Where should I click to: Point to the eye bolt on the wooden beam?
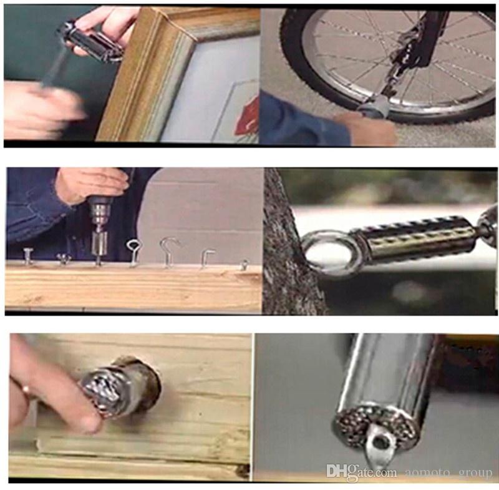coord(133,252)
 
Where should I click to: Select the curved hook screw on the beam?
coord(168,252)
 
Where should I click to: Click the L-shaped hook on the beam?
coord(207,258)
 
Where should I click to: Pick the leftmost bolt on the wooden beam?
coord(28,257)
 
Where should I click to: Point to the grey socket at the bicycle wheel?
coord(373,109)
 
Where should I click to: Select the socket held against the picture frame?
coord(90,41)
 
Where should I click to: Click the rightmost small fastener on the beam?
coord(243,264)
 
